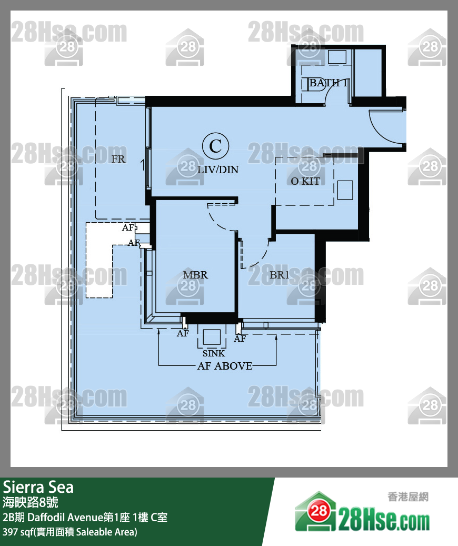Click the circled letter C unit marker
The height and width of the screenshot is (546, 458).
click(216, 146)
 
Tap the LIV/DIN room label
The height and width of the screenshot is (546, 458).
click(218, 170)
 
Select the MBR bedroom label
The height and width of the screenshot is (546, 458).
click(195, 275)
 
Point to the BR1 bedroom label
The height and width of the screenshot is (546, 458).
click(280, 275)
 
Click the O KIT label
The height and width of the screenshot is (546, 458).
click(305, 181)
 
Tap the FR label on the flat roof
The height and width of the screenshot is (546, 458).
click(118, 159)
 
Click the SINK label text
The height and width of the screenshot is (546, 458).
click(214, 353)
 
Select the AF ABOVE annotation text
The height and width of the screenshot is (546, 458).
click(225, 366)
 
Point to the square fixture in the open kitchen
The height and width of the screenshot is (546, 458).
click(345, 190)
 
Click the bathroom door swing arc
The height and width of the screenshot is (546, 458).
click(329, 91)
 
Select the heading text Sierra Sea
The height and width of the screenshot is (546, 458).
click(38, 487)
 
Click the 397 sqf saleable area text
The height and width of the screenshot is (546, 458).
click(70, 532)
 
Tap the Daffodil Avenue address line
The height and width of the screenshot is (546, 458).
click(85, 517)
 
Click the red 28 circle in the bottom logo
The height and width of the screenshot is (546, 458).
click(318, 511)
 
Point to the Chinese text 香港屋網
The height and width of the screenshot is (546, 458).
click(408, 497)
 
